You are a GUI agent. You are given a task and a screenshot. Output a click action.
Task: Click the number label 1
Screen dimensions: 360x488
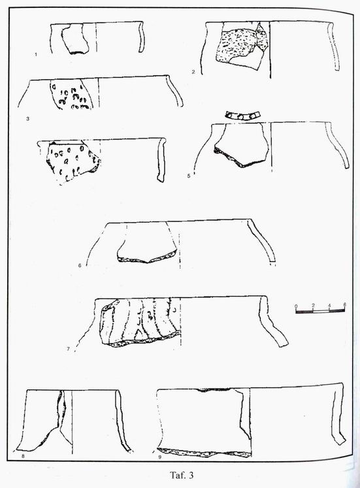[36, 54]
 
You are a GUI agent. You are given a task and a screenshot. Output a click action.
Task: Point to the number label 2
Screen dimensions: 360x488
[193, 72]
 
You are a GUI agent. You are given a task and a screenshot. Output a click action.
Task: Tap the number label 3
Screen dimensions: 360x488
[27, 119]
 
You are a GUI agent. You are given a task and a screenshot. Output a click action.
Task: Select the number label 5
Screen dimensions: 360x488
[189, 176]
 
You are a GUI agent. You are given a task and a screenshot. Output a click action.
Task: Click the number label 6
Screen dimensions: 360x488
[80, 265]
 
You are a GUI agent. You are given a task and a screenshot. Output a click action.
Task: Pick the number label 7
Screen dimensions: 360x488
[68, 349]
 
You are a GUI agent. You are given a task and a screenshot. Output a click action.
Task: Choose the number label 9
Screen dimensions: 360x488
[159, 457]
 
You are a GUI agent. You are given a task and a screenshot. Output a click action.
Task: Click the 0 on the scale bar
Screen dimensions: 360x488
[296, 304]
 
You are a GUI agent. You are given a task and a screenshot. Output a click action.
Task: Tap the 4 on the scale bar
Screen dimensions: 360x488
[329, 304]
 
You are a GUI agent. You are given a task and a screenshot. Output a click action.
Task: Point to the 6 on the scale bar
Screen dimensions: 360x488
[344, 304]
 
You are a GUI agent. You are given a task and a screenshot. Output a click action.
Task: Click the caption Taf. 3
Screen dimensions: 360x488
[182, 475]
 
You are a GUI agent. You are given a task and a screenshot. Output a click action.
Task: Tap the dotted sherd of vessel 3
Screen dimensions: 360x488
[72, 93]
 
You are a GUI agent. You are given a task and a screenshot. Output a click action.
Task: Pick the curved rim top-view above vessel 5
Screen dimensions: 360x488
[242, 116]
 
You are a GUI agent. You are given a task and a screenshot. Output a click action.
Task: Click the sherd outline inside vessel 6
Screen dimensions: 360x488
[147, 243]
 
